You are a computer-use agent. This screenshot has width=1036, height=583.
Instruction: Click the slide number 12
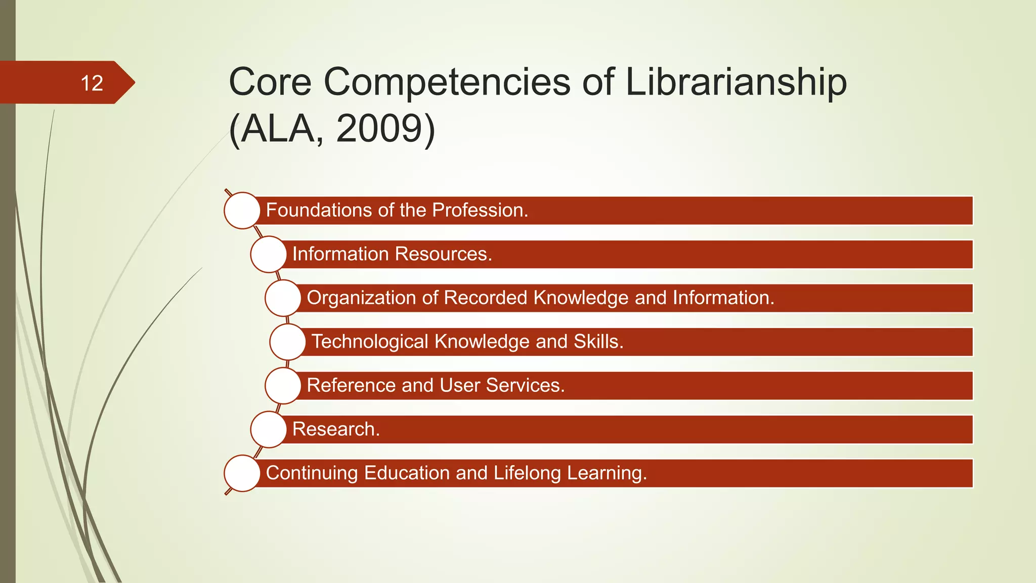coord(92,83)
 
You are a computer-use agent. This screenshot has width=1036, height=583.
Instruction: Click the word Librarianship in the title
coord(736,82)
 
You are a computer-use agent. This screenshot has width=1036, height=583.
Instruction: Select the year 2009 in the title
coord(379,129)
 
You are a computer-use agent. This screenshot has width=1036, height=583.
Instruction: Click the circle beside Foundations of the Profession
coord(242,211)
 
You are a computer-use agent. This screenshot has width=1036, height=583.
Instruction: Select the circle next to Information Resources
coord(269,254)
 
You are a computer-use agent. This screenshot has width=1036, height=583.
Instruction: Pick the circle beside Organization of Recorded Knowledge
coord(283,298)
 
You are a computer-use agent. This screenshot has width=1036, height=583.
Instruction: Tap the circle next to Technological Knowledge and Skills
coord(288,342)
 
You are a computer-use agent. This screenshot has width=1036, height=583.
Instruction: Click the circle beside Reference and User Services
coord(283,386)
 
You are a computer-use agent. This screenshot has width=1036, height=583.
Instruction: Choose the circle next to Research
coord(269,429)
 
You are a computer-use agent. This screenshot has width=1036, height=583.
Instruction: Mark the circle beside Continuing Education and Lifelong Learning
coord(242,473)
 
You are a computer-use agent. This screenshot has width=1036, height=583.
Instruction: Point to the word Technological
coord(370,342)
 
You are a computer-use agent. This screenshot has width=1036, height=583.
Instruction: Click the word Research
coord(335,429)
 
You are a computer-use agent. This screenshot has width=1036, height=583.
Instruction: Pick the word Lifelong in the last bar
coord(527,473)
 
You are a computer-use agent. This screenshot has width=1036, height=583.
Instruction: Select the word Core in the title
coord(270,82)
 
